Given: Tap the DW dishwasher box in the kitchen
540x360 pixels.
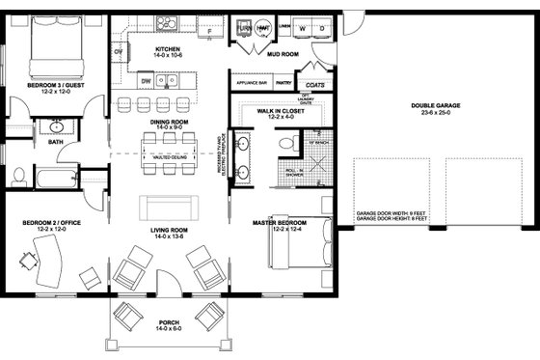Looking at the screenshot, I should pos(145,83).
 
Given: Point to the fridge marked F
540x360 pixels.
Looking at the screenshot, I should pos(209,31).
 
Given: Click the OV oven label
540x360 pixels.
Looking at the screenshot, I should pos(118,50).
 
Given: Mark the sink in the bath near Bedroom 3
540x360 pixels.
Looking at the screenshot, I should pos(57,125).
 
